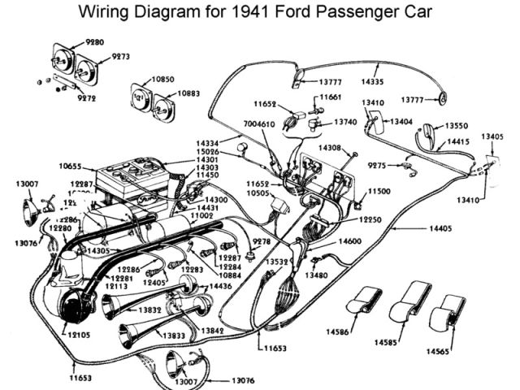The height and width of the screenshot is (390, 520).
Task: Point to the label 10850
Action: pyautogui.click(x=163, y=80)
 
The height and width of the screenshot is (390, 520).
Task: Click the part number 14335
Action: pyautogui.click(x=373, y=81)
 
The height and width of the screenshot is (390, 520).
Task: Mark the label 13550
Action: pyautogui.click(x=457, y=127)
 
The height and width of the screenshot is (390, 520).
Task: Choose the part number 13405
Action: pyautogui.click(x=493, y=136)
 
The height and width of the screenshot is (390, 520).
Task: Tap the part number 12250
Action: pyautogui.click(x=372, y=219)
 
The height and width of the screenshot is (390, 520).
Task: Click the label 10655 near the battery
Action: pyautogui.click(x=71, y=166)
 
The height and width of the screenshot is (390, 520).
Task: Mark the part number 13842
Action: pyautogui.click(x=215, y=331)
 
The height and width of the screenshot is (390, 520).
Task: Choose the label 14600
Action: pyautogui.click(x=350, y=241)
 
